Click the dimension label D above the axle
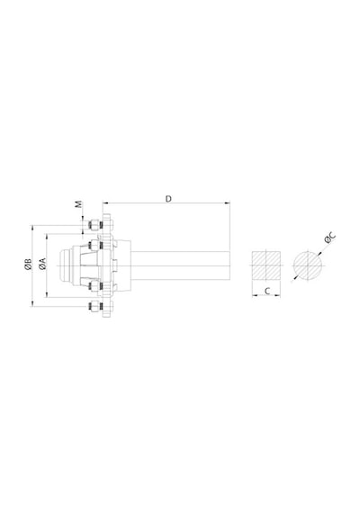(x=168, y=199)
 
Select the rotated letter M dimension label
(x=79, y=204)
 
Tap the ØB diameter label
(x=28, y=265)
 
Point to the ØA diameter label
(x=43, y=264)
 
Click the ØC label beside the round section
(x=330, y=238)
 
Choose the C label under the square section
(x=267, y=291)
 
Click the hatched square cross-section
(x=266, y=265)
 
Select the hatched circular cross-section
(x=308, y=265)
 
